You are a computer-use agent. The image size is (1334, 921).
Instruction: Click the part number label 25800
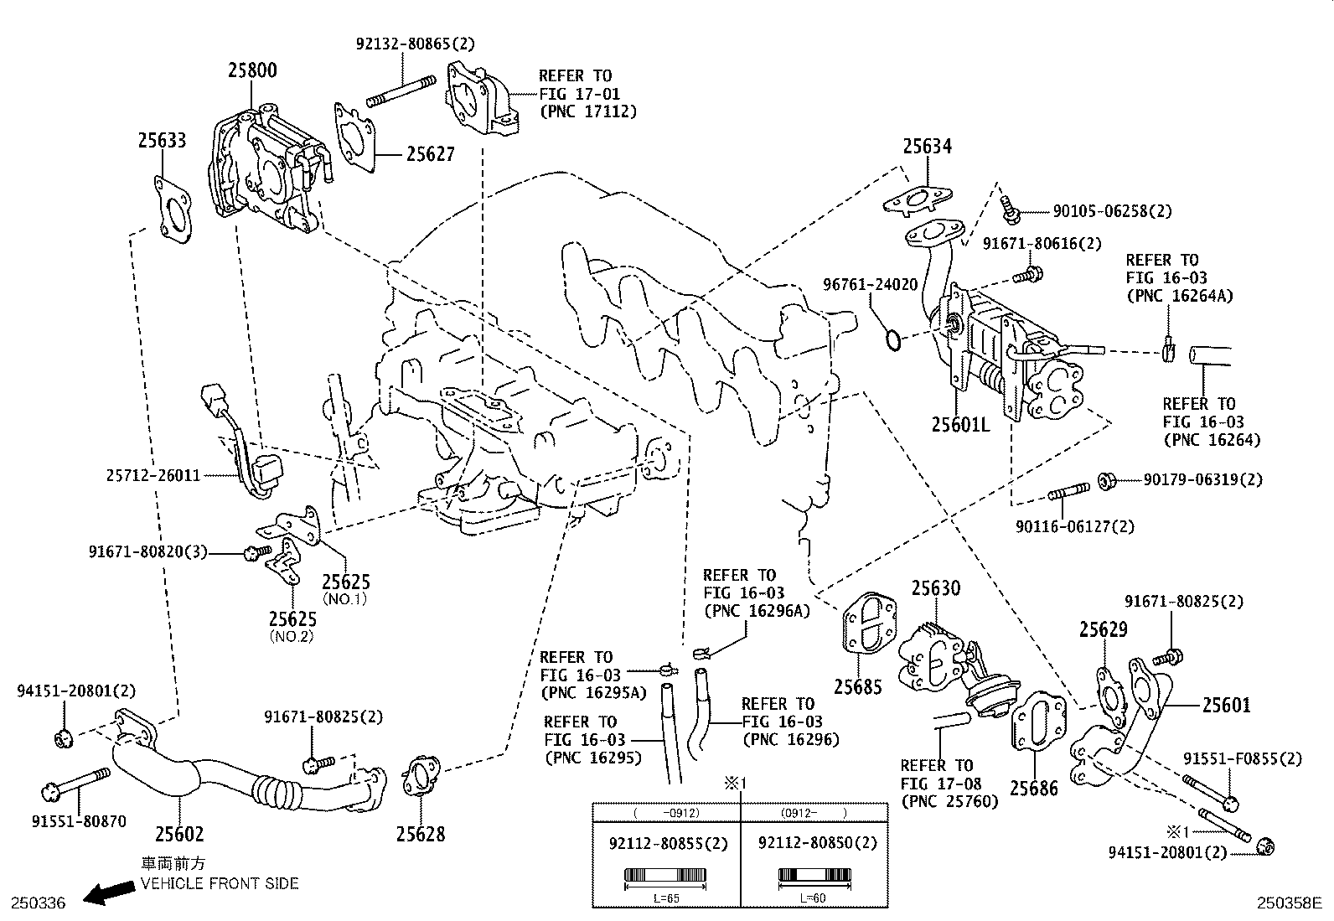point(252,70)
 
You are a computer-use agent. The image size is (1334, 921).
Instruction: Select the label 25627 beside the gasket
point(430,154)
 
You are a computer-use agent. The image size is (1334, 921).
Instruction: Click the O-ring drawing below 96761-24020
point(894,340)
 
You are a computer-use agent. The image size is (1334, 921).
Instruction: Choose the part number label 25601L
point(959,425)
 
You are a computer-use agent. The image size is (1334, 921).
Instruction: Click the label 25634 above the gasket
point(927,147)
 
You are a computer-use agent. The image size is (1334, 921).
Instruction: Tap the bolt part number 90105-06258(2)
point(1100,212)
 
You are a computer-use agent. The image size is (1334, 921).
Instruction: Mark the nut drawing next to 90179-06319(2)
point(1106,480)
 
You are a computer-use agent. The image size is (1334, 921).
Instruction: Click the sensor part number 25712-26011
point(153,475)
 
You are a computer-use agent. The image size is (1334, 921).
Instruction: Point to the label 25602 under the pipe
point(179,834)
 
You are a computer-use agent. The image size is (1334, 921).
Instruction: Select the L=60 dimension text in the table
point(814,898)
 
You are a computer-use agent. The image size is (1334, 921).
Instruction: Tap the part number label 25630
point(936,589)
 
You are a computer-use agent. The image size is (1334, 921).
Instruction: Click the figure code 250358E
point(1288,903)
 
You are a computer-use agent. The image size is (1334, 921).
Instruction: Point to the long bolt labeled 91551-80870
point(75,784)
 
